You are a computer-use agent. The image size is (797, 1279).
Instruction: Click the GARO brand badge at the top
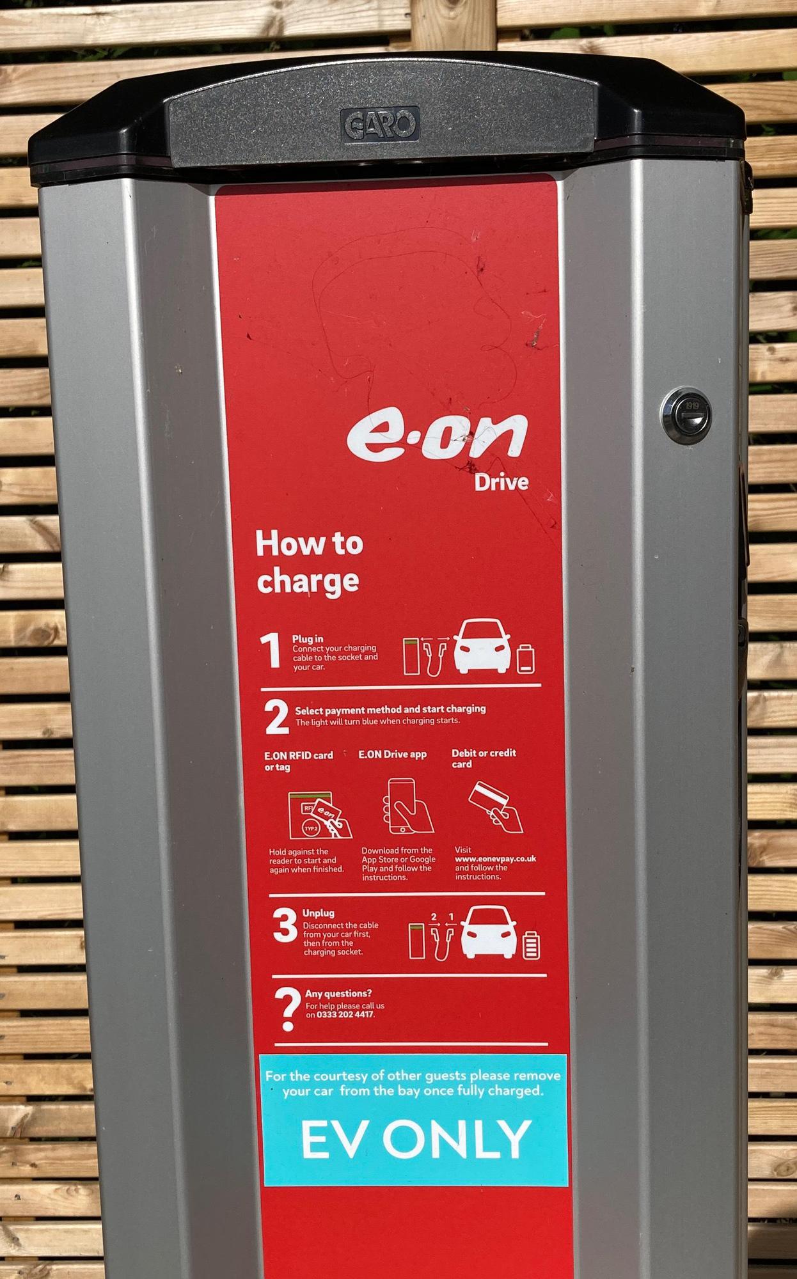(380, 123)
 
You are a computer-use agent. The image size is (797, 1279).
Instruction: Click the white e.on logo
(438, 436)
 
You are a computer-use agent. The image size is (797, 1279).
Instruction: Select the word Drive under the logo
(501, 482)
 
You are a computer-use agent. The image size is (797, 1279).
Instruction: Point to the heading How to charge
(309, 563)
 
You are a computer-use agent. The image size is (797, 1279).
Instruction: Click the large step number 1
(272, 650)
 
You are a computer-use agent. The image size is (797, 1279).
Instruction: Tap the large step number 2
(276, 718)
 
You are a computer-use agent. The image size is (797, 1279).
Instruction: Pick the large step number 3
(285, 925)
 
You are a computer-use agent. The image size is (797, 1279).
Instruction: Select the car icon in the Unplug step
(489, 932)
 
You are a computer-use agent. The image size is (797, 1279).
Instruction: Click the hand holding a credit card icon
(496, 807)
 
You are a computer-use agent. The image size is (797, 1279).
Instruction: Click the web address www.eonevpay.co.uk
(495, 859)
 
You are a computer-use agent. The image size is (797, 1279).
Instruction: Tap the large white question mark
(288, 1010)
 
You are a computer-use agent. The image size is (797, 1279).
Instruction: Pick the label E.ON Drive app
(392, 755)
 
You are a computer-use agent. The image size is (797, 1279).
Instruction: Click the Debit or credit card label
(484, 758)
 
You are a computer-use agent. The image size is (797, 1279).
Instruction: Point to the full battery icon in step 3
(532, 945)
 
